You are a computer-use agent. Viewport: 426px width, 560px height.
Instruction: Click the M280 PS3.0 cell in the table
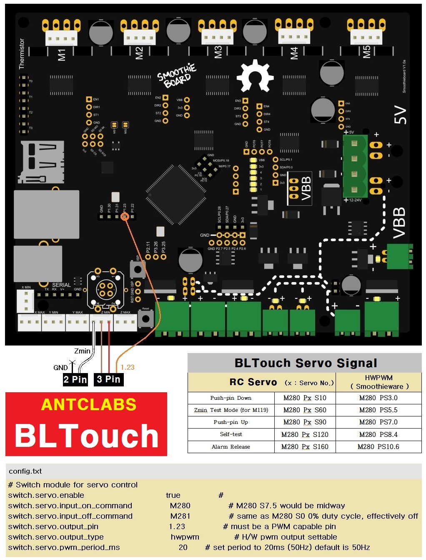[x=378, y=398]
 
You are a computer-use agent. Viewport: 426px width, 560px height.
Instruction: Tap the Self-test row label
[x=231, y=434]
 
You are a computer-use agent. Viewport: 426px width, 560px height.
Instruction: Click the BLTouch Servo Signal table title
[x=305, y=363]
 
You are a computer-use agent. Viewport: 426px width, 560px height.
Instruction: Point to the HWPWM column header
[x=378, y=382]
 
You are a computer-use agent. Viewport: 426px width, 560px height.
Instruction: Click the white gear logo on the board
[x=255, y=76]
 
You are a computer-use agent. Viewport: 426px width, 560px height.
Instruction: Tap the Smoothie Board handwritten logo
[x=177, y=76]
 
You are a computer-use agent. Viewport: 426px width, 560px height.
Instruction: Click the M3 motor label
[x=218, y=53]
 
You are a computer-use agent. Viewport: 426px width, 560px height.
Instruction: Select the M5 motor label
[x=366, y=52]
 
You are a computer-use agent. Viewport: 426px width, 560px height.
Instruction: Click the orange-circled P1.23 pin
[x=124, y=216]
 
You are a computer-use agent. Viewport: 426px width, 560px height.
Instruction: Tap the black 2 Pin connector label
[x=75, y=379]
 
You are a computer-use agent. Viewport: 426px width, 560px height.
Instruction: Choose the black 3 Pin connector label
[x=108, y=379]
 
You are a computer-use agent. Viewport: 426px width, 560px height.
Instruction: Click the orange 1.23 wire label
[x=128, y=367]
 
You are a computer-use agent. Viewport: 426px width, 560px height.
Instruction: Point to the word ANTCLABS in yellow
[x=89, y=404]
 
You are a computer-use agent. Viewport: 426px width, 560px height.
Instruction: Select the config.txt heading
[x=25, y=471]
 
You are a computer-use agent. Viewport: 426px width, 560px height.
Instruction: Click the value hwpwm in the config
[x=185, y=537]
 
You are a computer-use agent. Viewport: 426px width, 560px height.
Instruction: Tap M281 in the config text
[x=180, y=516]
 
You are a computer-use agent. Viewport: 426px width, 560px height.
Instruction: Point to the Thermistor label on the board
[x=22, y=54]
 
